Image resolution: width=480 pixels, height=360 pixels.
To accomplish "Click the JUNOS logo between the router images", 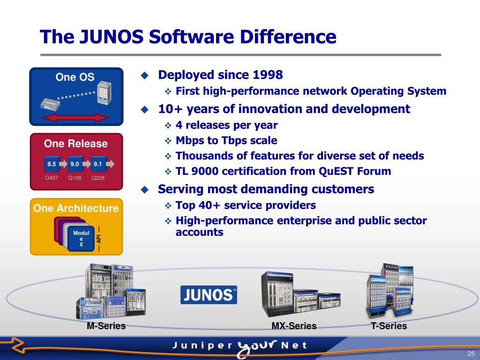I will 209,295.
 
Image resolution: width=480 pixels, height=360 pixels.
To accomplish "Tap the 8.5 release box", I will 52,165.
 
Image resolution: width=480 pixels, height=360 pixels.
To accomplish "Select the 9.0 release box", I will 75,165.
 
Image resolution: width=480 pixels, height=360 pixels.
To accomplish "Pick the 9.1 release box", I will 97,165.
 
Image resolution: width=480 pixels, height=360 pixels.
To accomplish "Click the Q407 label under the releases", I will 52,178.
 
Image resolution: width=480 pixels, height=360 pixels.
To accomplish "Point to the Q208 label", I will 98,178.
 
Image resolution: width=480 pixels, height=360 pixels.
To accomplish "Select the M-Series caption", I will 106,326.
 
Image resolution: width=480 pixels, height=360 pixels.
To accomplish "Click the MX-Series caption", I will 294,326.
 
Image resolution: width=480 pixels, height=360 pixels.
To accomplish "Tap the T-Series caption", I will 389,326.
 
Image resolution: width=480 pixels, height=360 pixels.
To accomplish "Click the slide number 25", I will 471,353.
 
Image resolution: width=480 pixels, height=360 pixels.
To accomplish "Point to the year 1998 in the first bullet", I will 268,75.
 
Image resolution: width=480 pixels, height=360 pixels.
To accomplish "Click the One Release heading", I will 76,143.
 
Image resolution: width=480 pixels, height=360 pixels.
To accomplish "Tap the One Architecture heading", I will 76,208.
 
